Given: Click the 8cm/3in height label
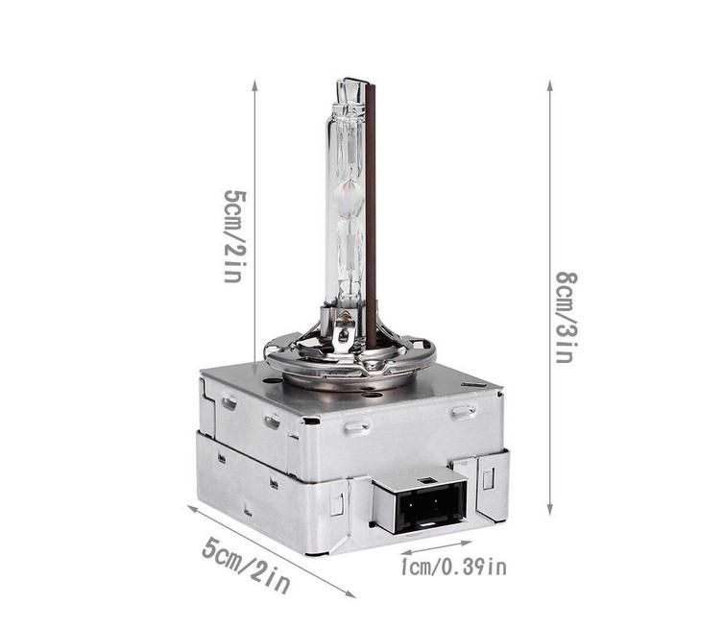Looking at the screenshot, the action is point(567,317).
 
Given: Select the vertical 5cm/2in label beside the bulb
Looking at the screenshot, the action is point(235,235).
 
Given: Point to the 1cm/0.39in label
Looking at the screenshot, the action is point(453,568).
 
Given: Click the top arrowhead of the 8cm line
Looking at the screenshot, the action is point(549,85).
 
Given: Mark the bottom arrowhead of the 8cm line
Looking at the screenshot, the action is point(549,509).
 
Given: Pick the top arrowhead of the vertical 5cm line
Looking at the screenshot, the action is point(254,85).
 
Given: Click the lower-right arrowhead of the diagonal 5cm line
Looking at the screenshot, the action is point(350,593).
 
